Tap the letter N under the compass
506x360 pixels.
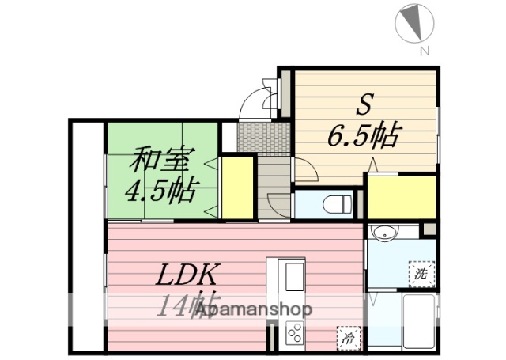point(424,52)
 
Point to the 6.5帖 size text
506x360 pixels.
point(362,137)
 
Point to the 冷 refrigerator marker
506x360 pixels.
point(346,336)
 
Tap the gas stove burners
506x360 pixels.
point(293,332)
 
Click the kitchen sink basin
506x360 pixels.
point(293,278)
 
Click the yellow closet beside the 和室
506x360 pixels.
point(236,188)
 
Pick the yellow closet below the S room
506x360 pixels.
point(401,197)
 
